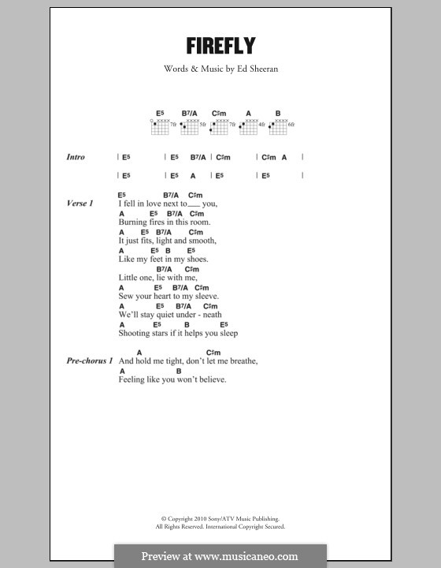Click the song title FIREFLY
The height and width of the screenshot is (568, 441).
[x=220, y=45]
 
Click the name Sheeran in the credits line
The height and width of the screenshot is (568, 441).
[x=265, y=69]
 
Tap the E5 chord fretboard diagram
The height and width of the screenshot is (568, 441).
[x=160, y=125]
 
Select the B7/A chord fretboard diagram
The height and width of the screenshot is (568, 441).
[x=191, y=125]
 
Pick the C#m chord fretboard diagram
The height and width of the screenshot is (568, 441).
[x=220, y=125]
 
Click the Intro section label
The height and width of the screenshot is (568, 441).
[x=76, y=158]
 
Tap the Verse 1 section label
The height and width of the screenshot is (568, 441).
[x=80, y=204]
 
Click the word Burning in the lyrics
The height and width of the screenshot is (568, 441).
[x=133, y=222]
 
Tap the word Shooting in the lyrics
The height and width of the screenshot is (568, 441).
[x=135, y=333]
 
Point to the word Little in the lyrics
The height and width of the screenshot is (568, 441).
[x=128, y=278]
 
